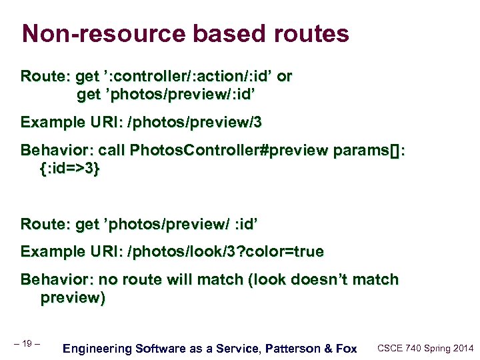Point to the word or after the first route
pyautogui.click(x=284, y=76)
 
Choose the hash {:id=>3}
pyautogui.click(x=70, y=169)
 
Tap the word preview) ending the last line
pyautogui.click(x=73, y=298)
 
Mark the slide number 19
pyautogui.click(x=27, y=343)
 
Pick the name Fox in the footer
pyautogui.click(x=345, y=348)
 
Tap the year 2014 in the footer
pyautogui.click(x=462, y=348)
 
